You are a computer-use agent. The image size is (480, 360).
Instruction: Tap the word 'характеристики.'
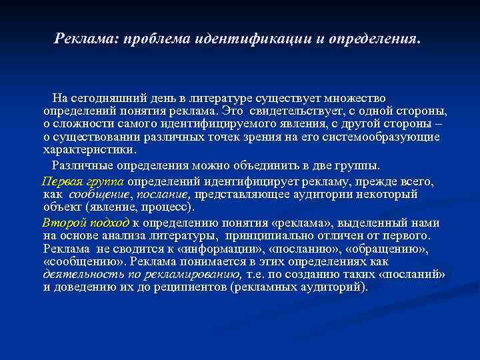pos(89,149)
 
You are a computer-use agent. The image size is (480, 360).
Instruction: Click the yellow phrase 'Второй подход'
pos(85,223)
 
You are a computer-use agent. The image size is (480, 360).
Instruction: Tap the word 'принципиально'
pos(269,235)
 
